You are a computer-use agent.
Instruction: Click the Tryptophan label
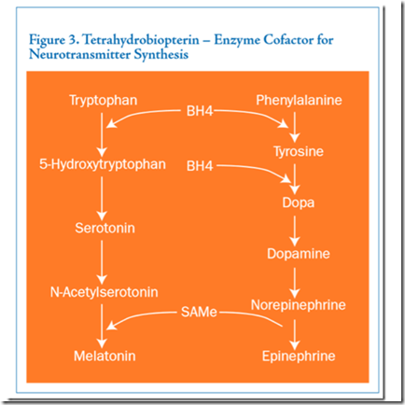click(103, 101)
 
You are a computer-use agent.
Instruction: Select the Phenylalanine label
click(299, 100)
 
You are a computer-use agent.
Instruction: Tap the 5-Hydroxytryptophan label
click(103, 164)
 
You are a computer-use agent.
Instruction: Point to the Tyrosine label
click(299, 151)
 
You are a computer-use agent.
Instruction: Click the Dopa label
click(299, 202)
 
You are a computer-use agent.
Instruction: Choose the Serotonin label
click(105, 228)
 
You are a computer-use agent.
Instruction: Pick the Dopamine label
click(299, 254)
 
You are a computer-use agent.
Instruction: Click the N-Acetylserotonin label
click(105, 292)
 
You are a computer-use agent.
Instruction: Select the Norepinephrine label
click(299, 305)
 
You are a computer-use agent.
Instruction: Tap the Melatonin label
click(105, 356)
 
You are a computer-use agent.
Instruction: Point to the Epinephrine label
click(299, 356)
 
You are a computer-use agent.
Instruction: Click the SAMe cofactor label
click(199, 312)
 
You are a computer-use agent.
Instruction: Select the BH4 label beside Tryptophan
click(200, 111)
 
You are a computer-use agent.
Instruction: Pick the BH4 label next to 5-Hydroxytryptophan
click(200, 166)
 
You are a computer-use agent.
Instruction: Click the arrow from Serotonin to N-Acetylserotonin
click(102, 262)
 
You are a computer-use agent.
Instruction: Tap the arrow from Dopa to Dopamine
click(295, 230)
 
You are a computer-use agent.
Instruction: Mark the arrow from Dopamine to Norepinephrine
click(295, 283)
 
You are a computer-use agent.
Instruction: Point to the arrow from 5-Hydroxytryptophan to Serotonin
click(102, 198)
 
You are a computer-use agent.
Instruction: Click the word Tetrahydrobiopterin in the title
click(141, 40)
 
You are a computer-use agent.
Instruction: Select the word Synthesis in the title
click(161, 55)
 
